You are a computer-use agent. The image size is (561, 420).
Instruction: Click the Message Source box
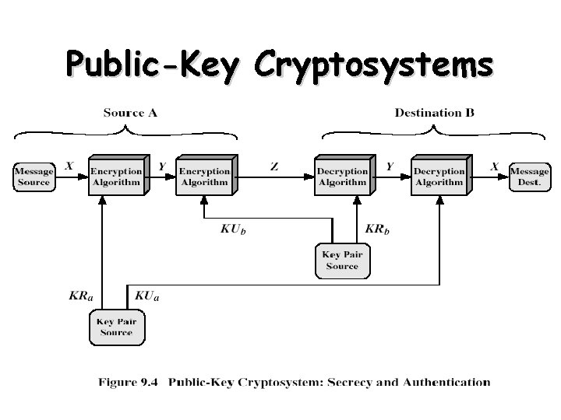34,177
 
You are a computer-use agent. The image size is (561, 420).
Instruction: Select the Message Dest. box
530,177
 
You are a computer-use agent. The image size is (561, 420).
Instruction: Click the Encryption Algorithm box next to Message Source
115,177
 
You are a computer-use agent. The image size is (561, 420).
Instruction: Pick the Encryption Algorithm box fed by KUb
204,177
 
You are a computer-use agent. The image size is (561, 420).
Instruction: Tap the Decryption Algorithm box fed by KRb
341,177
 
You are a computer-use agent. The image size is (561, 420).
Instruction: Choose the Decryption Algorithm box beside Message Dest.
438,177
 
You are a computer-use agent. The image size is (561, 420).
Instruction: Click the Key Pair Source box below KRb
342,261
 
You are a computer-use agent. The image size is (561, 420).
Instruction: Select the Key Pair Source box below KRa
116,327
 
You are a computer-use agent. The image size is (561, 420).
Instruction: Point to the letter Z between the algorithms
274,166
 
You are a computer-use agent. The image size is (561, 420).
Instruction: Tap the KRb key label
378,229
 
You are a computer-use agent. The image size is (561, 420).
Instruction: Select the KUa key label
146,296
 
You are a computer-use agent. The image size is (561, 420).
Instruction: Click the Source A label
130,113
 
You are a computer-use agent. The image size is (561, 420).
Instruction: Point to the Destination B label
434,113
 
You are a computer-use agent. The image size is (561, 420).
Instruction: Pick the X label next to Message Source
69,166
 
